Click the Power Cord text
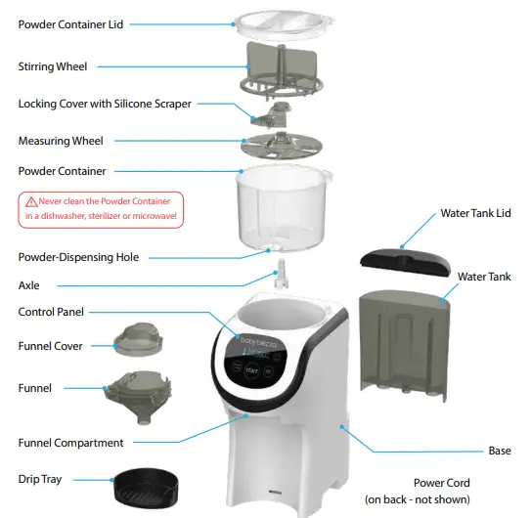click(442, 483)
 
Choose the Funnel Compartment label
click(71, 443)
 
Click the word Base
click(499, 451)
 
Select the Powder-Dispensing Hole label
click(78, 257)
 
